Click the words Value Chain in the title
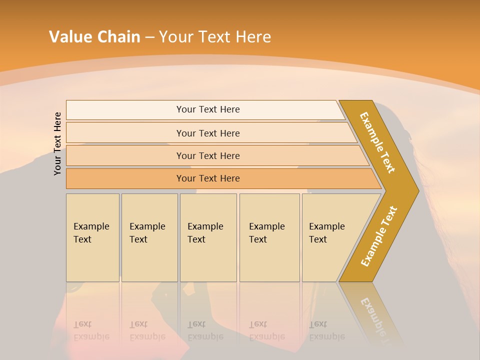tap(94, 37)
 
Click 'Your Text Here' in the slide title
tap(215, 37)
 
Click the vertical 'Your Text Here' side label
tap(57, 143)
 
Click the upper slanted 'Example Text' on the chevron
tap(377, 142)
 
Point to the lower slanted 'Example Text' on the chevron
tap(378, 236)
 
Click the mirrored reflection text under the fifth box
tap(326, 330)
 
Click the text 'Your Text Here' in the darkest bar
tap(208, 178)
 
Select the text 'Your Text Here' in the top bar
tap(208, 109)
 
